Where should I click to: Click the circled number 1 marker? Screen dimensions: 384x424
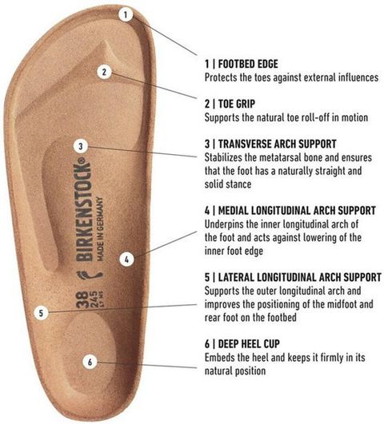pos(126,15)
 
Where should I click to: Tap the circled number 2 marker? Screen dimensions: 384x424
pos(104,72)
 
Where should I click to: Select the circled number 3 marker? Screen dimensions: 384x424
pos(81,146)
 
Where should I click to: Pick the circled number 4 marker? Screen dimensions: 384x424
pos(126,260)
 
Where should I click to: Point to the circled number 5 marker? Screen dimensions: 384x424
pos(41,313)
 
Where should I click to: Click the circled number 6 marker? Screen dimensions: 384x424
pos(90,362)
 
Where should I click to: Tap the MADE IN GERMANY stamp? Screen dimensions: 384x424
pos(100,229)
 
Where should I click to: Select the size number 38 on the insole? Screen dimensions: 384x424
pos(82,299)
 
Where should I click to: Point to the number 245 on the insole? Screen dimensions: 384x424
pos(94,299)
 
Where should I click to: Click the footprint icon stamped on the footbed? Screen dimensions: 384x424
pos(90,275)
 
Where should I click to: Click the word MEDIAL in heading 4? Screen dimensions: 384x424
pos(233,211)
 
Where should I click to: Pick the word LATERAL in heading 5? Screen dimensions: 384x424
pos(236,277)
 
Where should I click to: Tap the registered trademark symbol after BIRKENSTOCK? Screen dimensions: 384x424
pos(83,160)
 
